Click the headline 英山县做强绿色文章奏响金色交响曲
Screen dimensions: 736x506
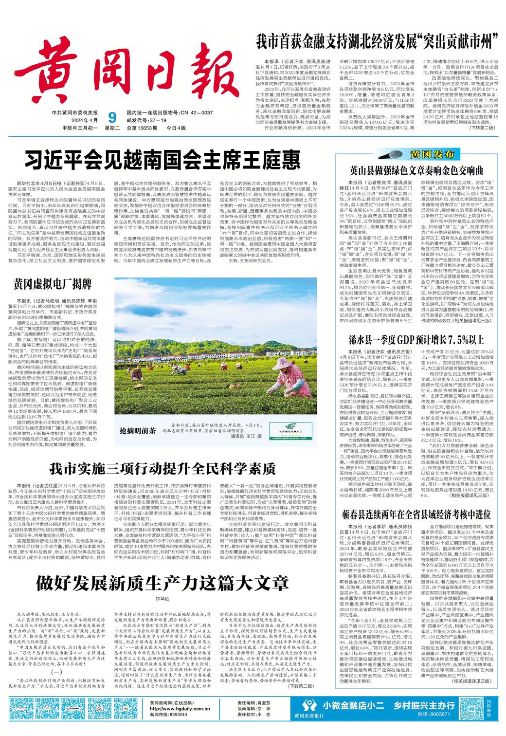(415, 170)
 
